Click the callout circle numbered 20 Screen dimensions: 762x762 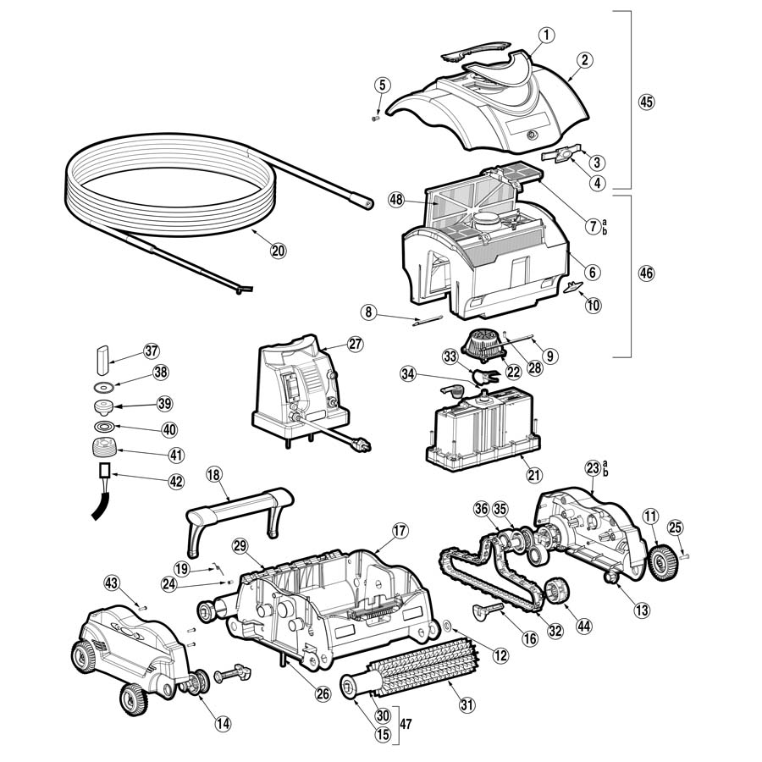tap(279, 250)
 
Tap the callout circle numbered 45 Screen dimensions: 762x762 tap(647, 102)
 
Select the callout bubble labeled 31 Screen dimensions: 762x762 tap(467, 704)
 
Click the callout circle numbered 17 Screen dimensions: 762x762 tap(400, 530)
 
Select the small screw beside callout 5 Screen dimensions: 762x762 tap(375, 119)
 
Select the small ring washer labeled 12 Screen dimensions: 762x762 tap(446, 627)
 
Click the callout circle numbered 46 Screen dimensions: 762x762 tap(647, 273)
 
